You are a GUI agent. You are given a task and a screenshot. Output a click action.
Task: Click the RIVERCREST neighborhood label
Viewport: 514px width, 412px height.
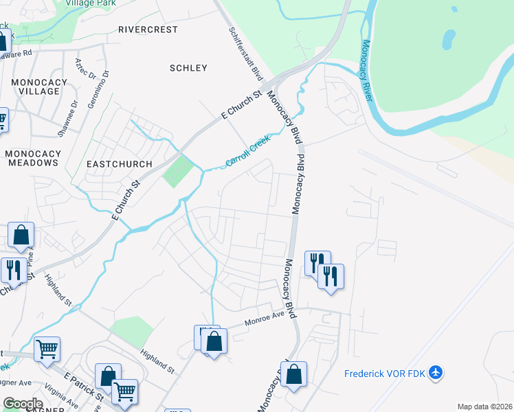[148, 30]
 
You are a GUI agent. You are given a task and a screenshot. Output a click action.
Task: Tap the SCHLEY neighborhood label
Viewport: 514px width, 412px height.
[188, 68]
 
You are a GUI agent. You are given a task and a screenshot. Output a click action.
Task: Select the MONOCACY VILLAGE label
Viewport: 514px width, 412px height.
[39, 87]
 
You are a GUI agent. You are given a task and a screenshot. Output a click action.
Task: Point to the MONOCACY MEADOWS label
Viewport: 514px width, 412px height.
[32, 158]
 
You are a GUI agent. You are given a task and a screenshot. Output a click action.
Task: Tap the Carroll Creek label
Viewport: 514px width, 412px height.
[248, 151]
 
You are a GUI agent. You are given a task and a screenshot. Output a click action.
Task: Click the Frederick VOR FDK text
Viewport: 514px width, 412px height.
[385, 374]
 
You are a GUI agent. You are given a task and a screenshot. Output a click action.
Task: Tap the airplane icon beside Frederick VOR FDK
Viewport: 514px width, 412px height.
[435, 373]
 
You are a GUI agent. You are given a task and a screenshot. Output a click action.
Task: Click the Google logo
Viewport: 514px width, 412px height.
[23, 404]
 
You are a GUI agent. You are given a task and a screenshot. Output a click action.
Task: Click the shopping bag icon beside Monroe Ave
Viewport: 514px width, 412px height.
[214, 341]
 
